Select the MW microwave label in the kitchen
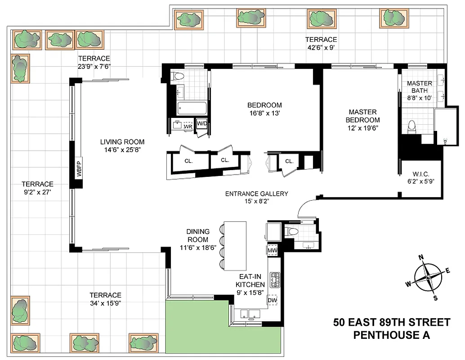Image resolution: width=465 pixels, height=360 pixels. point(272,250)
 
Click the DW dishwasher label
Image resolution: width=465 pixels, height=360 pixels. point(272,300)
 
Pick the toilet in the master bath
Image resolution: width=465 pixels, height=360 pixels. point(410,127)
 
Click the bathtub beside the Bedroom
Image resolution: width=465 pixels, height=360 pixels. point(192,108)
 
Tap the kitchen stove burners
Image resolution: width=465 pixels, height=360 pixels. point(274,280)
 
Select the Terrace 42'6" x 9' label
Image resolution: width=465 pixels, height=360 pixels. point(321,43)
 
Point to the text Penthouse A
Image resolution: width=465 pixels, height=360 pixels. point(391,335)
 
